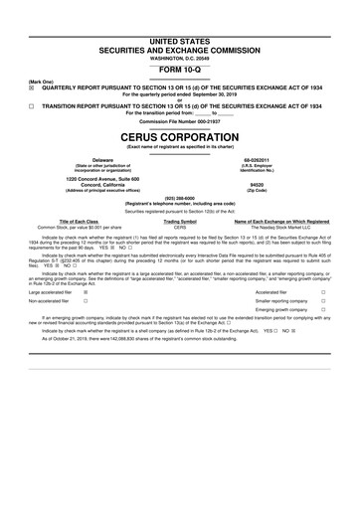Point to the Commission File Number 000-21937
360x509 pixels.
coord(180,121)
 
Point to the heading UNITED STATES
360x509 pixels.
coord(180,10)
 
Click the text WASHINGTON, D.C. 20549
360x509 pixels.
coord(180,31)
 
